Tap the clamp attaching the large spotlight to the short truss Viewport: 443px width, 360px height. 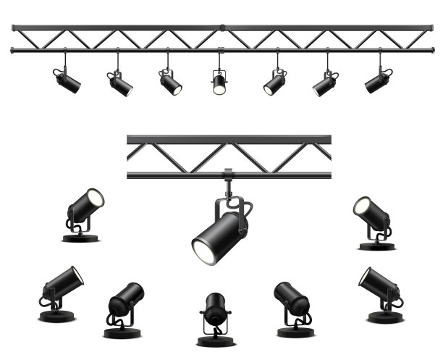(229, 175)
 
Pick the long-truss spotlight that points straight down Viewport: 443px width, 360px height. (219, 82)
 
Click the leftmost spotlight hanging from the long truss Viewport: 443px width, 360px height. (67, 80)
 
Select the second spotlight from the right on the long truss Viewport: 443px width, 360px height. (324, 83)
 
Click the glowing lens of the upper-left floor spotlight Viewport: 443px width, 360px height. (95, 198)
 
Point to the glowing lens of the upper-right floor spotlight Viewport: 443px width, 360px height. (362, 206)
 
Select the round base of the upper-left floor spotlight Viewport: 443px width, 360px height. (80, 238)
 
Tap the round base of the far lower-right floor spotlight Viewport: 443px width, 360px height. (386, 317)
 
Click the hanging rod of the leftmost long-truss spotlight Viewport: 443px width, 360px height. (64, 61)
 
